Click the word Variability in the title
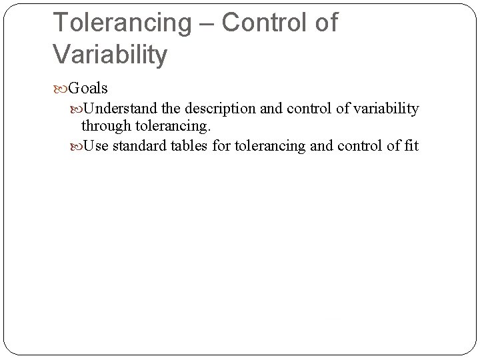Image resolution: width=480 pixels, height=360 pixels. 111,55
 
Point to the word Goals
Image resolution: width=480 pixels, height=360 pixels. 88,88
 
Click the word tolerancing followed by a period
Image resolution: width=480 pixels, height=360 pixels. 170,125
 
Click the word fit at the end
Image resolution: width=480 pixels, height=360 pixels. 410,145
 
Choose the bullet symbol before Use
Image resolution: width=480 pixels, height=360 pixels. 77,145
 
